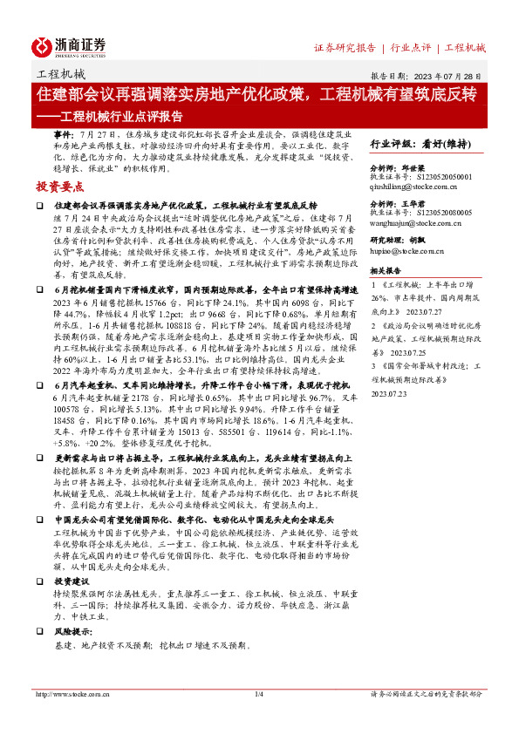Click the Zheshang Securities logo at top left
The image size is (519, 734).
(70, 45)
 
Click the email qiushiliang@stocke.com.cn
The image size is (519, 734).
(421, 186)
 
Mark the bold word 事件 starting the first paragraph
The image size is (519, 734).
(64, 136)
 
